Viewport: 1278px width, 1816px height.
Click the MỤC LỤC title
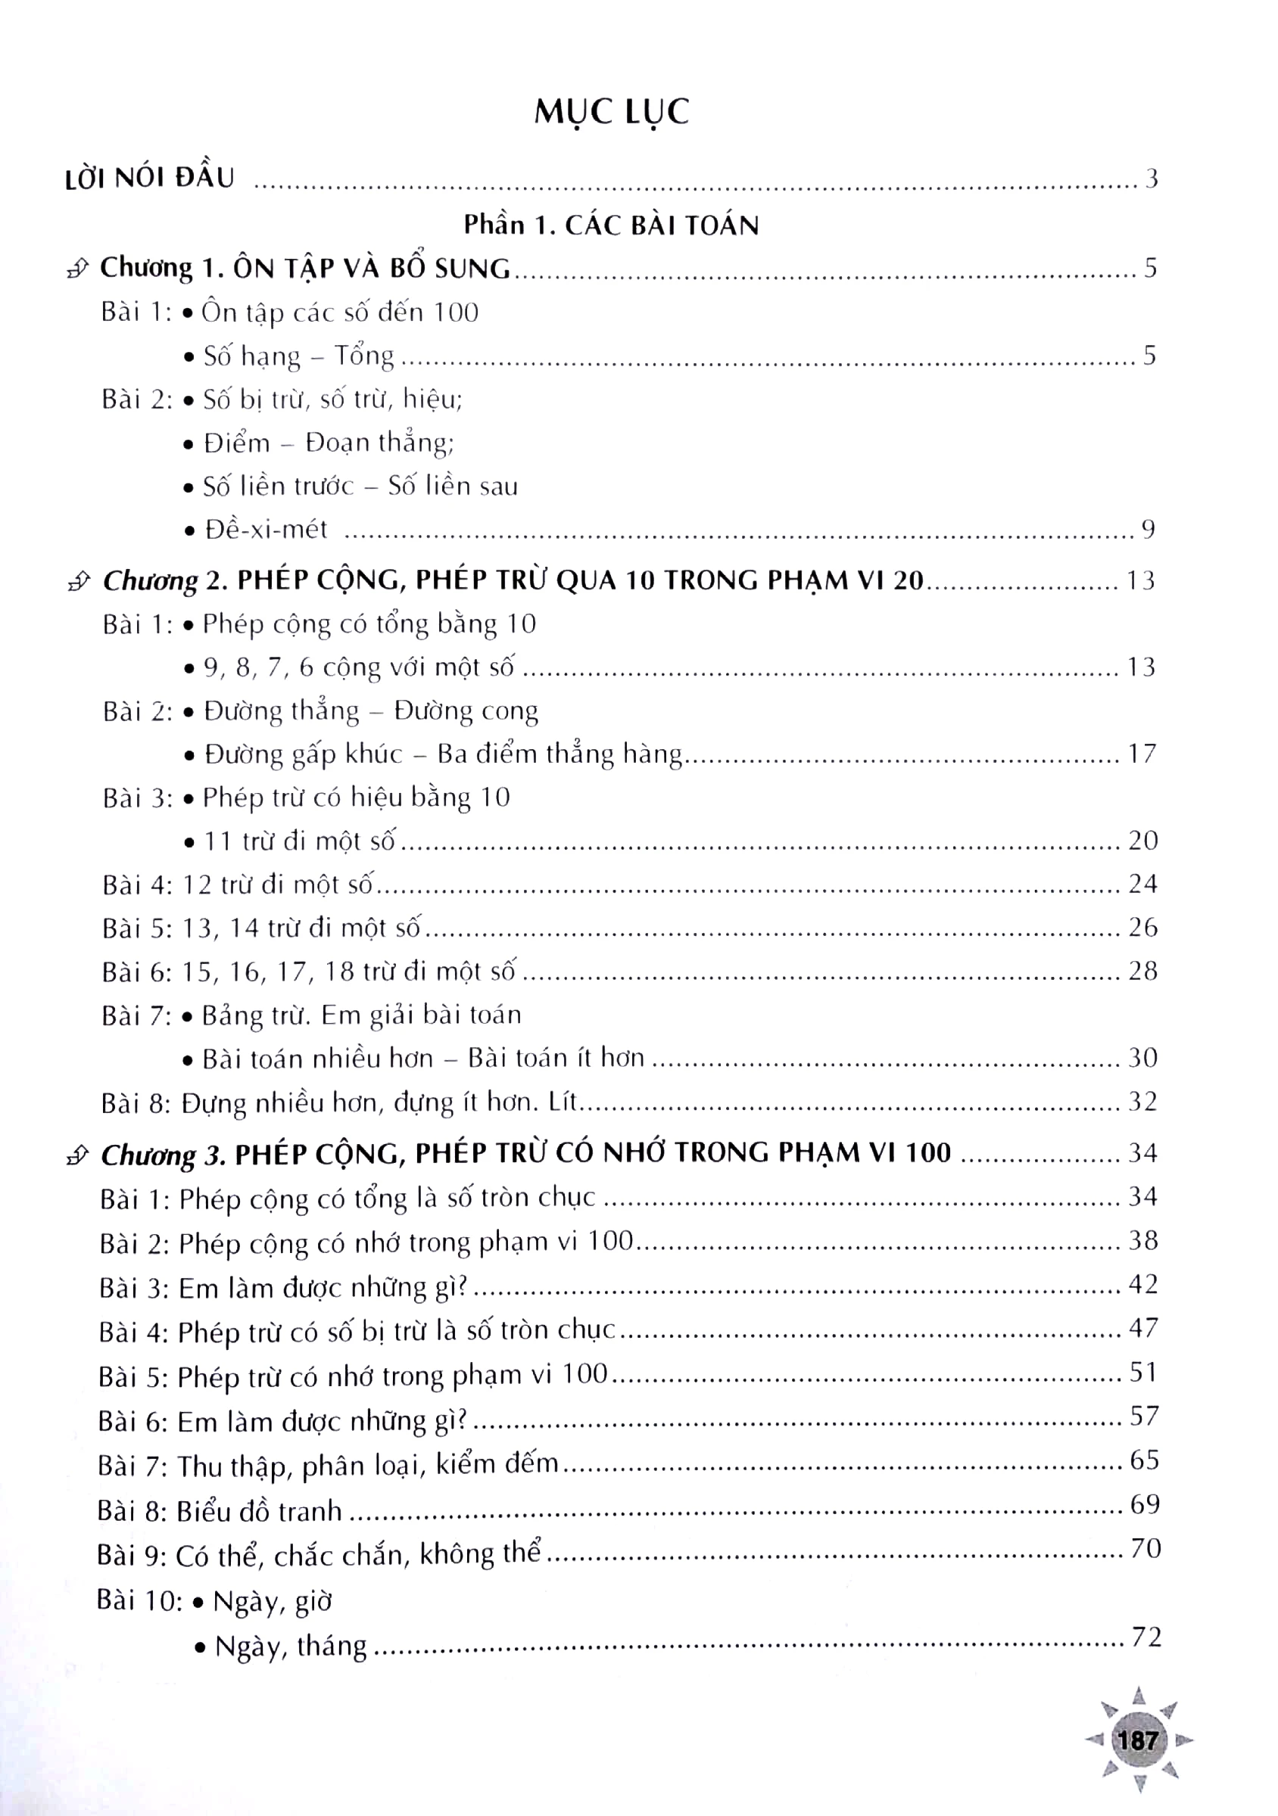tap(611, 112)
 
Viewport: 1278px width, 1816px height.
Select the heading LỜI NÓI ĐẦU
tap(150, 178)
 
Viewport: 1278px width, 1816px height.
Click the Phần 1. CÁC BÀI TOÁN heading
tap(611, 225)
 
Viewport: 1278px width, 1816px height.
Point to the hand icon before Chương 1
tap(77, 269)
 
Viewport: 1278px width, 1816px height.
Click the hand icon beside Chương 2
tap(79, 582)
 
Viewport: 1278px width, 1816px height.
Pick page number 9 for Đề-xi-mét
tap(1148, 529)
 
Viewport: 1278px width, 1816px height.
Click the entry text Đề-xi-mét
tap(265, 529)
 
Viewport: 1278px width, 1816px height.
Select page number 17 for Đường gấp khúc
tap(1142, 753)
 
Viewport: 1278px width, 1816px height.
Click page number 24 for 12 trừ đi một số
tap(1142, 883)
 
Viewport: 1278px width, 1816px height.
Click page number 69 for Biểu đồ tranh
tap(1144, 1503)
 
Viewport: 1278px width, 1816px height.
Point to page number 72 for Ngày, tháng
tap(1146, 1637)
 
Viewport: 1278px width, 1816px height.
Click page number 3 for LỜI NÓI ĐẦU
tap(1152, 179)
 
